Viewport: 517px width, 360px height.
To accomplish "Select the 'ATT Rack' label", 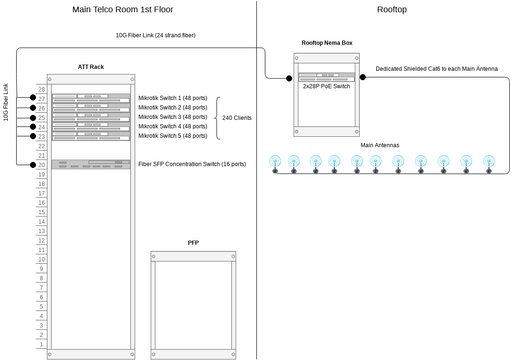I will pyautogui.click(x=91, y=66).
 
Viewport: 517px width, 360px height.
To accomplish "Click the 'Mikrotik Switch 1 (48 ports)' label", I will pyautogui.click(x=173, y=98).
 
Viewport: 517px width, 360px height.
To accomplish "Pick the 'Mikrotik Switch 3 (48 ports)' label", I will pyautogui.click(x=173, y=117).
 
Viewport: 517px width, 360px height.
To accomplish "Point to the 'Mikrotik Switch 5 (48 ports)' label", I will pyautogui.click(x=173, y=136).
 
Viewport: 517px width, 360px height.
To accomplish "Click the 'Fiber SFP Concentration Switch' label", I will pyautogui.click(x=192, y=164).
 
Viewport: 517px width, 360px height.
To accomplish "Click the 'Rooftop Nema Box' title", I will pyautogui.click(x=326, y=44).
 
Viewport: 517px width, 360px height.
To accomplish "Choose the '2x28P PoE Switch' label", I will pyautogui.click(x=326, y=86).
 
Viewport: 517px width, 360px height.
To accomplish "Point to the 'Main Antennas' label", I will pyautogui.click(x=380, y=145).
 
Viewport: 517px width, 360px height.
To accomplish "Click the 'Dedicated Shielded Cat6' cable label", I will pyautogui.click(x=436, y=68).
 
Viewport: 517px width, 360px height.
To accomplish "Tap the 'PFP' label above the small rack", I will pyautogui.click(x=193, y=243).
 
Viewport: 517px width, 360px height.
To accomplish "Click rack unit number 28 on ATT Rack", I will pyautogui.click(x=42, y=89).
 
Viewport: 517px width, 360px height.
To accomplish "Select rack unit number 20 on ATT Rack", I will pyautogui.click(x=42, y=165).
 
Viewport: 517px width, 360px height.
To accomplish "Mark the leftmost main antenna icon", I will pyautogui.click(x=275, y=161).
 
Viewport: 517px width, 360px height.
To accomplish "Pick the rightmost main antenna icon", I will pyautogui.click(x=489, y=161).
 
